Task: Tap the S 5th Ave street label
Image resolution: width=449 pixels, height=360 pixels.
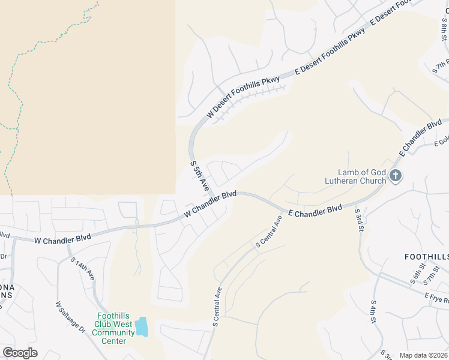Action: point(199,176)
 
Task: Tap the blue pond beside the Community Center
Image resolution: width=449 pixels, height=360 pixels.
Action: point(142,327)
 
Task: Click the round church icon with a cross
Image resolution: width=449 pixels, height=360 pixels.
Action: point(395,176)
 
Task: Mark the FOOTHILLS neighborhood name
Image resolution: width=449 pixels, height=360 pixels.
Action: point(426,257)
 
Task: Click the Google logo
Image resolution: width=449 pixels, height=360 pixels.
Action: point(20,353)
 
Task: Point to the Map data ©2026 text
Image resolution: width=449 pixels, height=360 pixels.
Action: point(423,355)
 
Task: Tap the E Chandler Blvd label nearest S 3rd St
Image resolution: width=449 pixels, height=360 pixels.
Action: point(315,211)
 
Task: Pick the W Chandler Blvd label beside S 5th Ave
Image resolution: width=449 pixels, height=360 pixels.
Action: point(209,204)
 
